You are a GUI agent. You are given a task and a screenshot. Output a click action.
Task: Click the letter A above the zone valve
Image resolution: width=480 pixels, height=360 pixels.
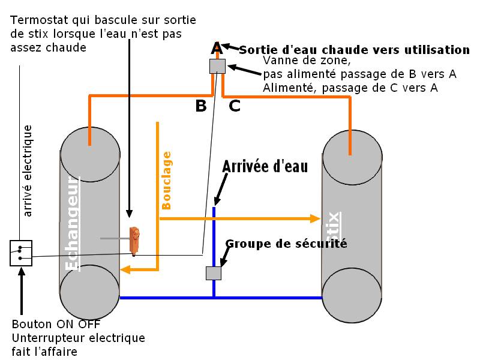coord(217,48)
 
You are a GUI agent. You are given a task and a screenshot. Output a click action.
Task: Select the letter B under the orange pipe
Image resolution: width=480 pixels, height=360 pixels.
coord(201,106)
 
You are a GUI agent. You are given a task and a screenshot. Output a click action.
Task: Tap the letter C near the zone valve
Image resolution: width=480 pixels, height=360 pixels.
coord(235,106)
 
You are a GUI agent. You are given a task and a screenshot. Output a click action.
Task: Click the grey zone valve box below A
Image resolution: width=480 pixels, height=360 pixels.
coord(217,65)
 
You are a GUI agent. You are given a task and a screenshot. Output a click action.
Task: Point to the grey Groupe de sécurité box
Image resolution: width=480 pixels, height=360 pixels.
coord(214,273)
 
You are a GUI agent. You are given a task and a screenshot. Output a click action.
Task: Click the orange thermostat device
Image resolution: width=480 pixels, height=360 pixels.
coord(136,240)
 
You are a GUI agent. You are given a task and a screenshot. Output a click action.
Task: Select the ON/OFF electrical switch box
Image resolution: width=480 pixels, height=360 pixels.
coord(21,253)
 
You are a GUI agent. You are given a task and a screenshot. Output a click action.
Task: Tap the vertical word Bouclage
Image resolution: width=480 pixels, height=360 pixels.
coord(167,180)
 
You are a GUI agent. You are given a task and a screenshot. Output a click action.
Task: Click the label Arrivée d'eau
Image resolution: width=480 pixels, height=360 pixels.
coord(265,166)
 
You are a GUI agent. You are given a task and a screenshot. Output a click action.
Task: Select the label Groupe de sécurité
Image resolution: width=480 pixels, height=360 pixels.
coord(286,244)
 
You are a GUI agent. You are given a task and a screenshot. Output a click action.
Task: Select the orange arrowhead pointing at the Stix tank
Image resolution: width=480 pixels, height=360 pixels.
coord(315,219)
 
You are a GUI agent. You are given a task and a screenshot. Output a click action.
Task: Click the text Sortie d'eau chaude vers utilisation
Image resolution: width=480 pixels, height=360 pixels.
coord(354,49)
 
